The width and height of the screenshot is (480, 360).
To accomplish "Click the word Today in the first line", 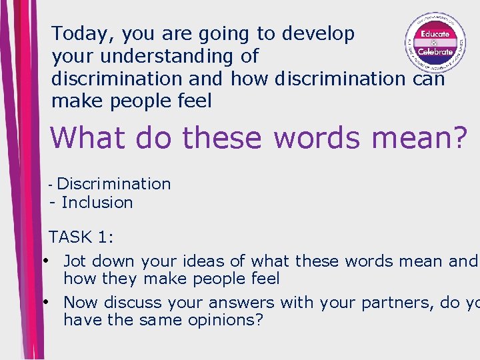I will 75,33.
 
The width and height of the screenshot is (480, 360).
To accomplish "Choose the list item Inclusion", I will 97,203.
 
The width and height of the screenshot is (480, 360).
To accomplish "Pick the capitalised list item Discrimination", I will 114,183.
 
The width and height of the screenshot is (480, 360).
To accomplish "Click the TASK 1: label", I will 82,237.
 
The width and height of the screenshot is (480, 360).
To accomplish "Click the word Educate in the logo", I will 433,33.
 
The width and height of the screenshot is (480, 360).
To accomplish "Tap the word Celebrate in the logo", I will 435,51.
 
